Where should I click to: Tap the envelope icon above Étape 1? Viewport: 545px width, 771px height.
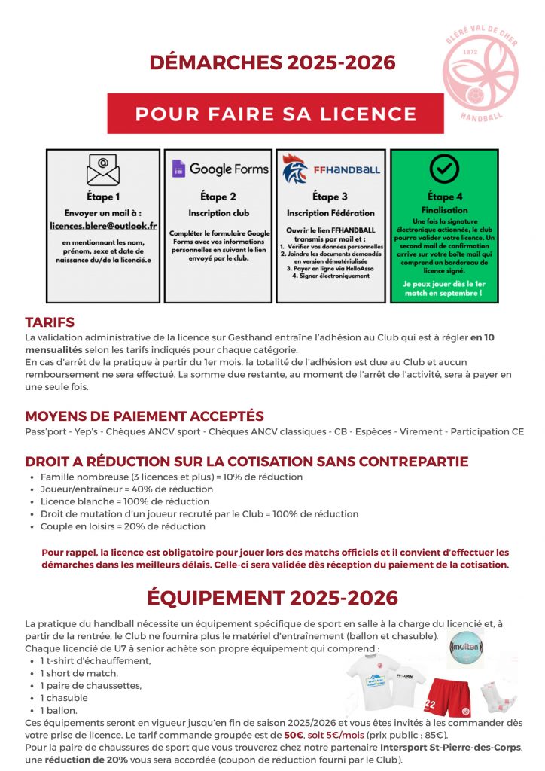click(x=102, y=170)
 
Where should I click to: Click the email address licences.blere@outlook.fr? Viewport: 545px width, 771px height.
click(x=103, y=225)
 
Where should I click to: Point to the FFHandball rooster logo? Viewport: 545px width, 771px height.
click(x=295, y=169)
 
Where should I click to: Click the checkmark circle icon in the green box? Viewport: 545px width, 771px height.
click(x=443, y=169)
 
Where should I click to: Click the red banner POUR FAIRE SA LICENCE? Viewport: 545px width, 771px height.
click(x=276, y=114)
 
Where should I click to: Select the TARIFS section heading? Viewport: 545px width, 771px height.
click(x=50, y=322)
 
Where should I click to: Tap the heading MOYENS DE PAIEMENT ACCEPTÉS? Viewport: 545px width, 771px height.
click(x=145, y=416)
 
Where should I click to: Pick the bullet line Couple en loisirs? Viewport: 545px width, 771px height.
click(x=123, y=526)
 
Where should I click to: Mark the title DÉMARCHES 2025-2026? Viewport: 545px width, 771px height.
click(x=272, y=62)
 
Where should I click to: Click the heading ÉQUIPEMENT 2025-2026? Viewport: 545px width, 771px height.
click(x=272, y=598)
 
